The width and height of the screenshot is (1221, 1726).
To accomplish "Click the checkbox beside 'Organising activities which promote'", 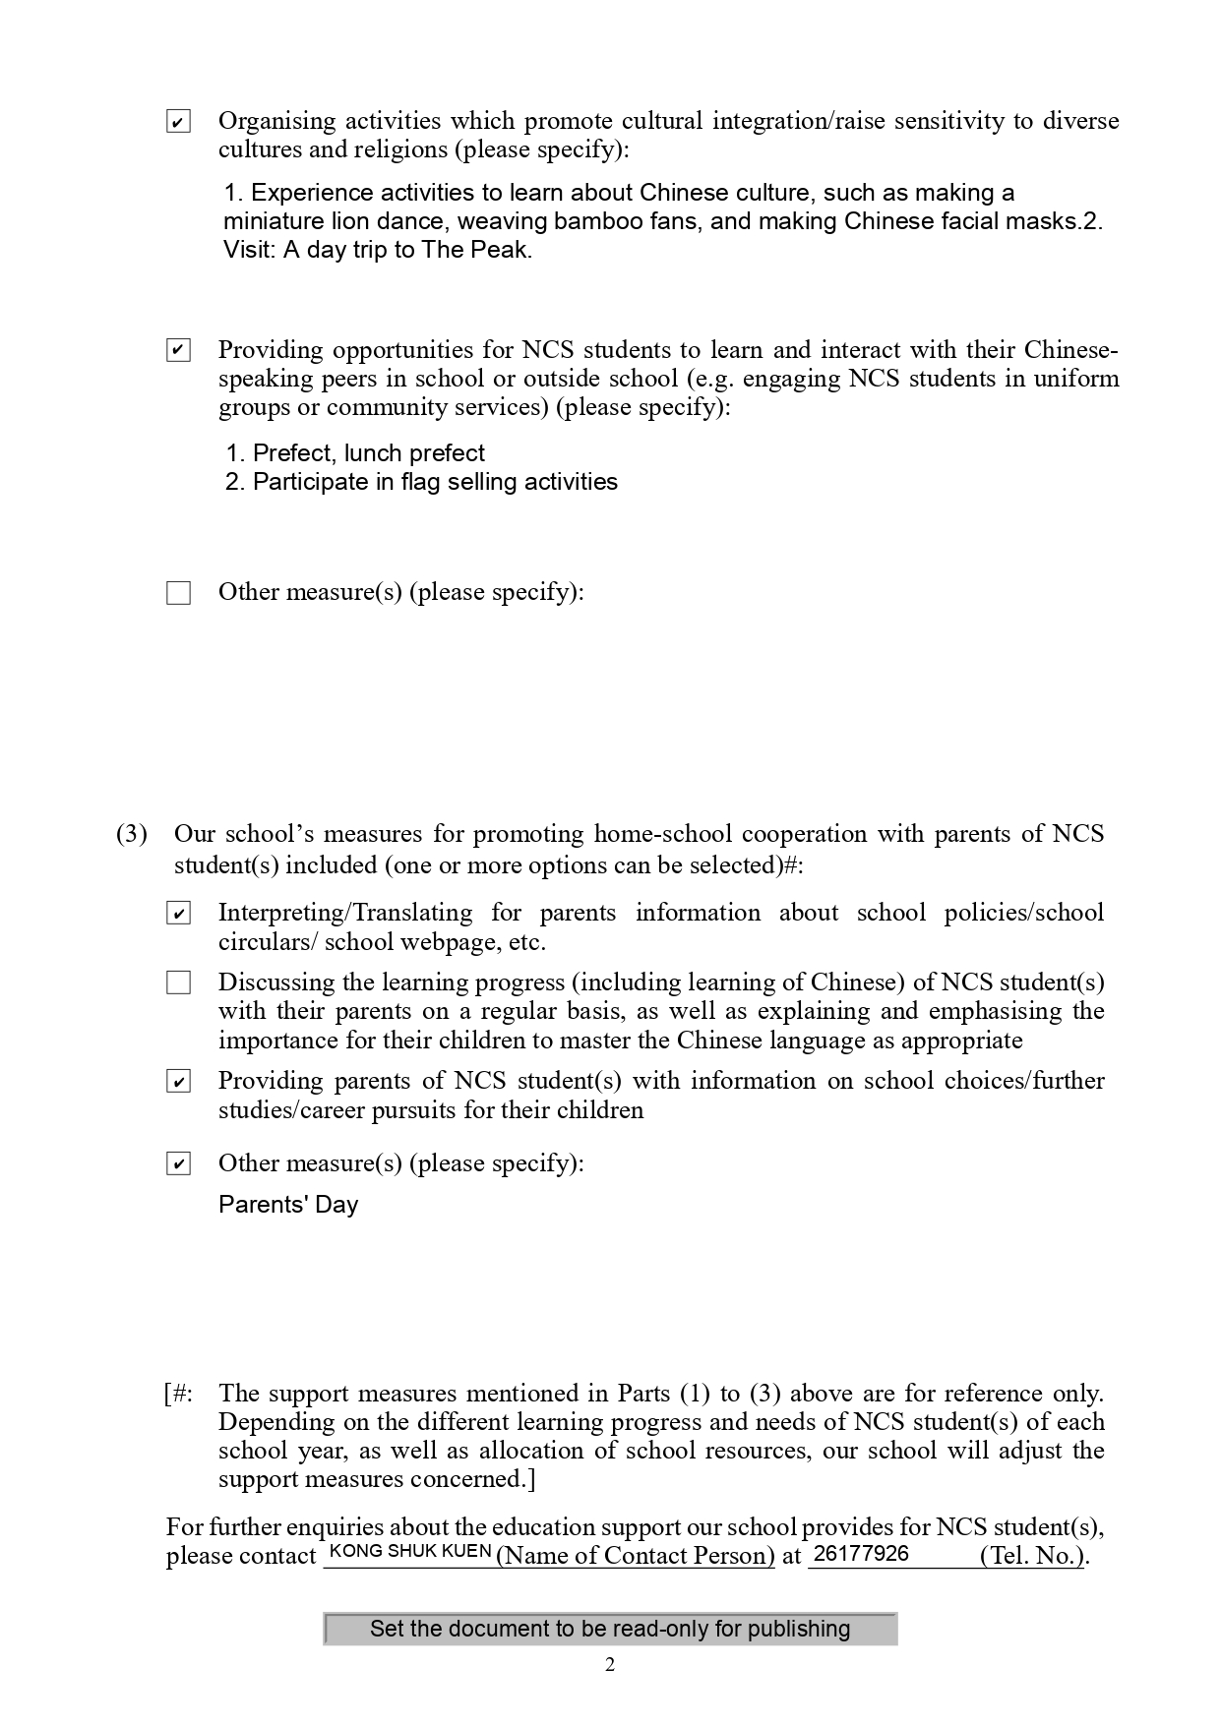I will tap(178, 122).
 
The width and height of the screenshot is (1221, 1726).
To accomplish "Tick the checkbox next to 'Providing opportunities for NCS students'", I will tap(178, 350).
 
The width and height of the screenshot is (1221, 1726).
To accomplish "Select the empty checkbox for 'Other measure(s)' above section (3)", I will tap(178, 593).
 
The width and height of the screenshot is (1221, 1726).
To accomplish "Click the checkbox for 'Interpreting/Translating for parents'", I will tap(178, 914).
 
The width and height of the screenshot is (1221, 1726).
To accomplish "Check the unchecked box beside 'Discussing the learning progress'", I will tap(178, 982).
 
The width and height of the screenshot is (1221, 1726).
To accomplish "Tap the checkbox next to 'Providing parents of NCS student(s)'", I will tap(178, 1082).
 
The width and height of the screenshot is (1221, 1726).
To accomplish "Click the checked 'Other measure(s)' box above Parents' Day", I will tap(178, 1164).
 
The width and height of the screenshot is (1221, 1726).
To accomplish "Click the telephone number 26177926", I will tap(862, 1554).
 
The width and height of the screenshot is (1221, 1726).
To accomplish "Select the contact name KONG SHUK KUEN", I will tap(410, 1552).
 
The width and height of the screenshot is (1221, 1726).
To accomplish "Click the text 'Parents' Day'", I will tap(288, 1205).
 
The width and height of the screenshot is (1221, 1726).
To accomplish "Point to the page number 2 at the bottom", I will tap(610, 1665).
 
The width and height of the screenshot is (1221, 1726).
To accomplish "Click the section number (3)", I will tap(132, 834).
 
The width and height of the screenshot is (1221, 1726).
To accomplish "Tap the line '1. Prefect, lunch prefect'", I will tap(355, 453).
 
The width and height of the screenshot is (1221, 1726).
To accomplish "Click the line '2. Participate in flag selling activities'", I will tap(421, 482).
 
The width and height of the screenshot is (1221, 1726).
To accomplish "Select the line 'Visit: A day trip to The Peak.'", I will tap(378, 250).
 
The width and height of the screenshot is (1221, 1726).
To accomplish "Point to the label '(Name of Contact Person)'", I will tap(636, 1556).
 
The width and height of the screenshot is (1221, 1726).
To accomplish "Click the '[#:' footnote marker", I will tap(179, 1394).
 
